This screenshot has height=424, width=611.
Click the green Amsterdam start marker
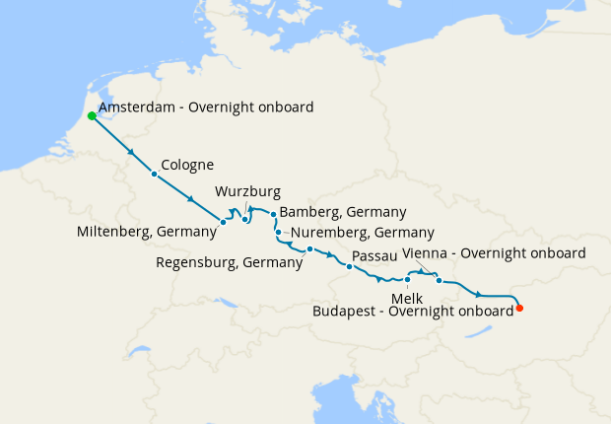pyautogui.click(x=92, y=115)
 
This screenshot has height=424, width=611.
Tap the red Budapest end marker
pyautogui.click(x=519, y=309)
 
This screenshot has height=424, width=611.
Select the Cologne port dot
pyautogui.click(x=154, y=175)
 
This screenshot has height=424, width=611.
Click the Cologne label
pyautogui.click(x=187, y=165)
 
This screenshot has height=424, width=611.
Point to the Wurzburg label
pyautogui.click(x=247, y=191)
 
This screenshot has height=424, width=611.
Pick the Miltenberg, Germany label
pyautogui.click(x=146, y=232)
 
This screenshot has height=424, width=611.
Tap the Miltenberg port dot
pyautogui.click(x=224, y=222)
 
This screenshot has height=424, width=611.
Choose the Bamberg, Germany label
pyautogui.click(x=343, y=212)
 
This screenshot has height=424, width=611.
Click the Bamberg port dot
pyautogui.click(x=273, y=213)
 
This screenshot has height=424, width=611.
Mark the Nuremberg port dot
pyautogui.click(x=279, y=233)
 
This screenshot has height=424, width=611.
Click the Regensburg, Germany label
pyautogui.click(x=230, y=262)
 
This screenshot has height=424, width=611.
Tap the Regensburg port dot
pyautogui.click(x=309, y=248)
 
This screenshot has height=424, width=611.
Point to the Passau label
pyautogui.click(x=373, y=256)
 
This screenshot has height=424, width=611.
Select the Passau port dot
pyautogui.click(x=349, y=266)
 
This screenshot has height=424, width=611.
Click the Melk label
pyautogui.click(x=406, y=297)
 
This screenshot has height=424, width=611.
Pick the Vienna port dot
pyautogui.click(x=439, y=281)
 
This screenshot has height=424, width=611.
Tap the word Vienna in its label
pyautogui.click(x=426, y=253)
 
